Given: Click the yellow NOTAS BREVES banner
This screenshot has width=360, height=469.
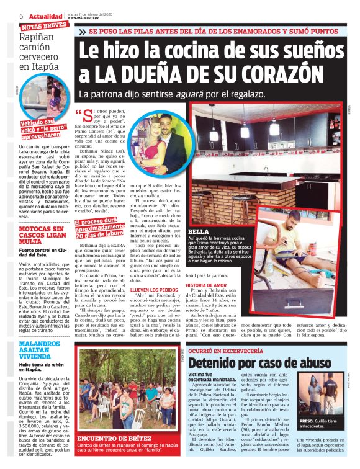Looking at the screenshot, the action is (x=44, y=27).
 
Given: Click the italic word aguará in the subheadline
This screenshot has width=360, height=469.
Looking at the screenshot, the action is (x=194, y=94).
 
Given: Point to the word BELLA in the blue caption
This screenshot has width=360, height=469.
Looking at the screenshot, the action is (x=197, y=232).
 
